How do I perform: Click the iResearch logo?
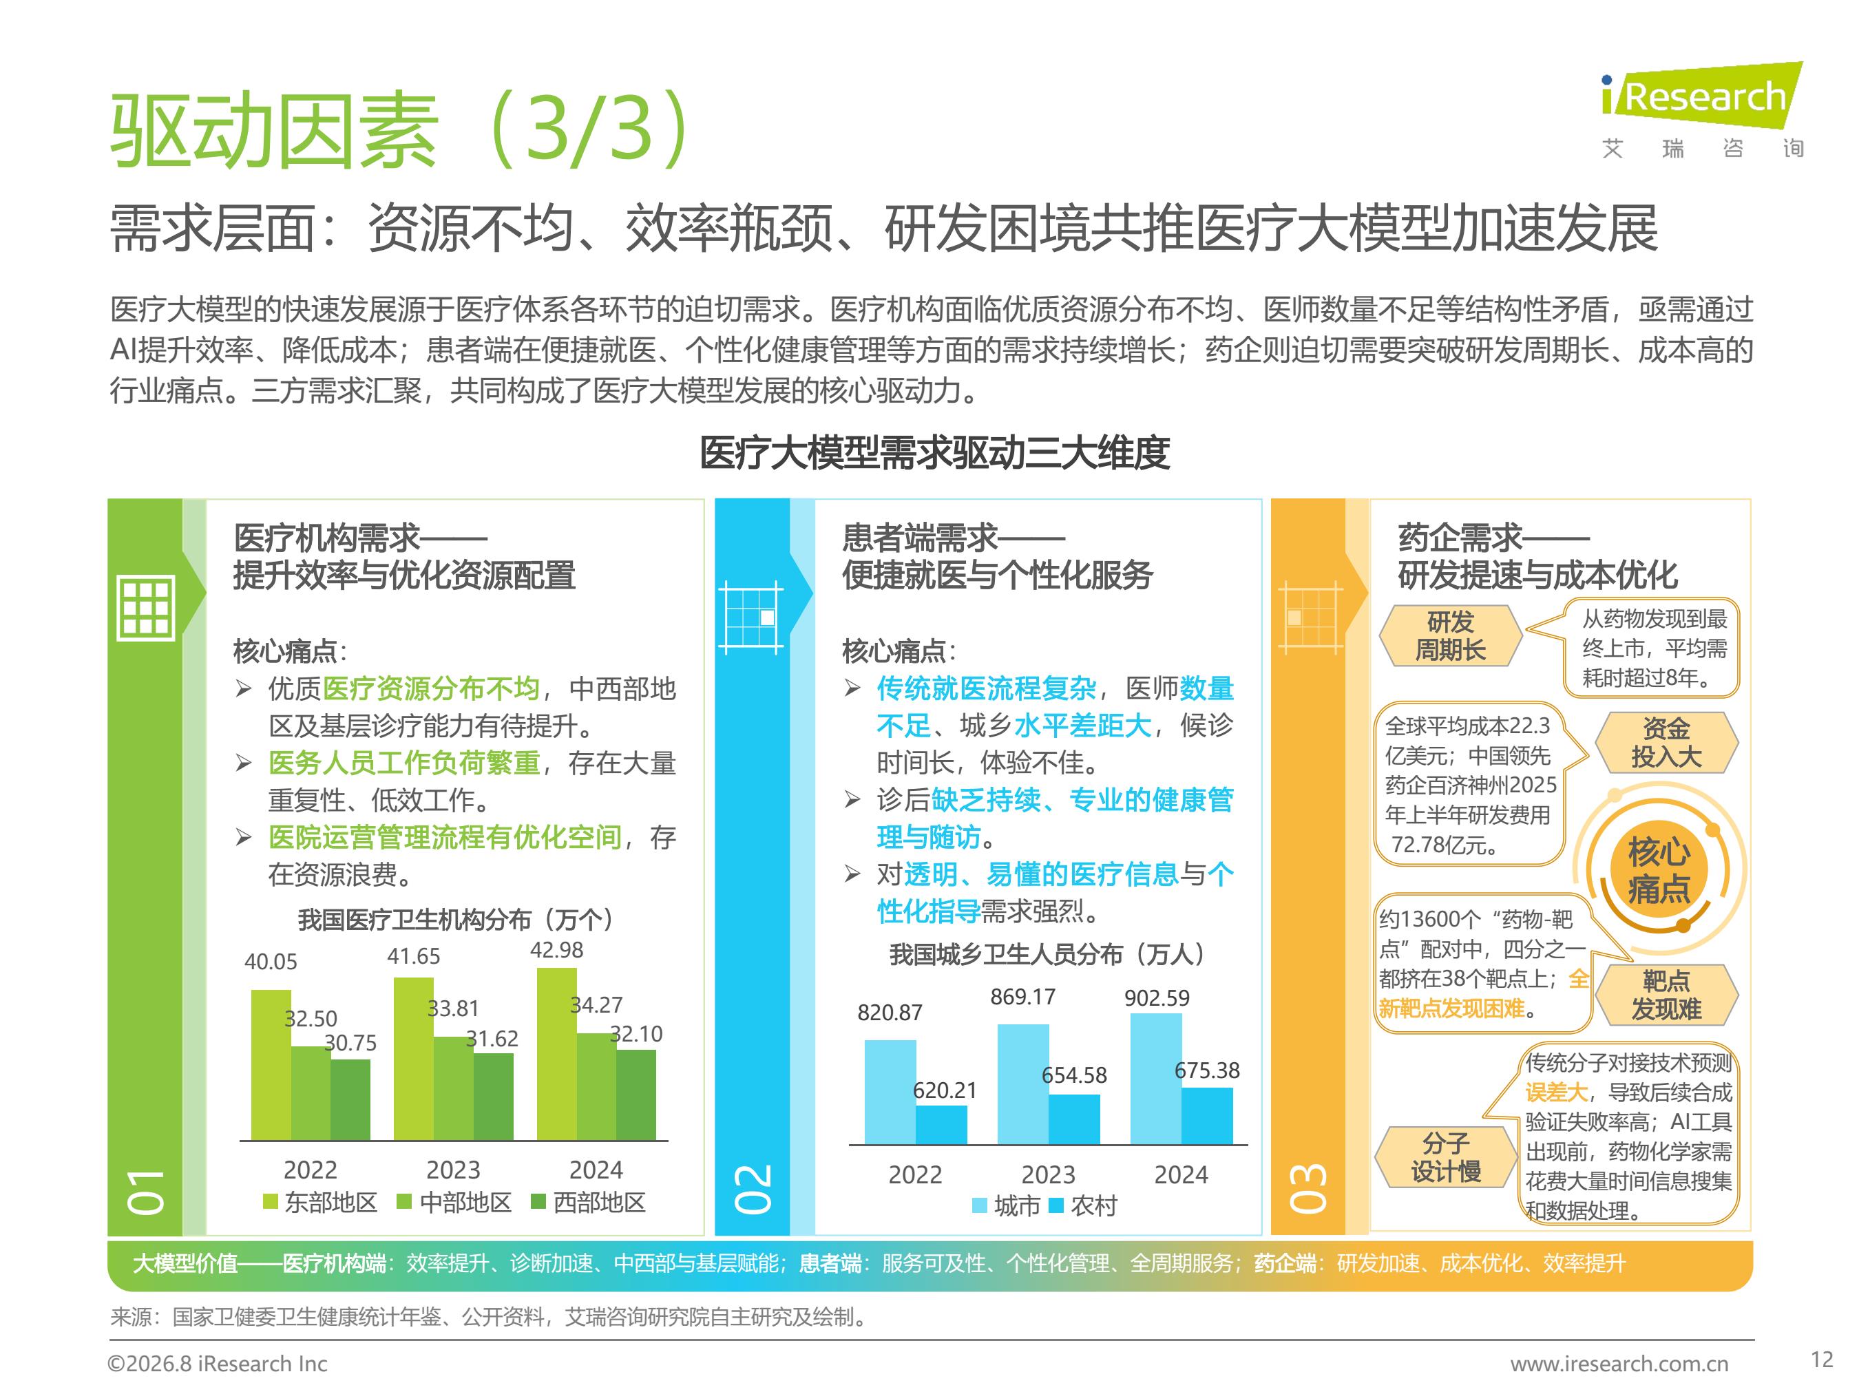1702,110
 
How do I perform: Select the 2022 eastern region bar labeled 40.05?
271,1065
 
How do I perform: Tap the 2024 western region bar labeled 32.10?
636,1095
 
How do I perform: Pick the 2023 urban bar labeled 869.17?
1022,1084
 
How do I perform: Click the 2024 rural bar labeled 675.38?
1207,1116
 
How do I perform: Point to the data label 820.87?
890,1013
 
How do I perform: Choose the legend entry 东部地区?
319,1203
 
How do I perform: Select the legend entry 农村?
1082,1206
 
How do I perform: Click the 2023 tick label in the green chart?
453,1170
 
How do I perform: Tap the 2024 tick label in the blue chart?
1181,1174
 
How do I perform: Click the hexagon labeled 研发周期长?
1451,636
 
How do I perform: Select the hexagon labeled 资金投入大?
1666,743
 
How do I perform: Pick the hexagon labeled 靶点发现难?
1666,995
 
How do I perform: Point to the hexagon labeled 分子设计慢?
1445,1157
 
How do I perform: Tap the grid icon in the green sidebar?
146,608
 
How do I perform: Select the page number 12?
1822,1360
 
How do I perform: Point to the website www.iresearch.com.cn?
1619,1364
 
